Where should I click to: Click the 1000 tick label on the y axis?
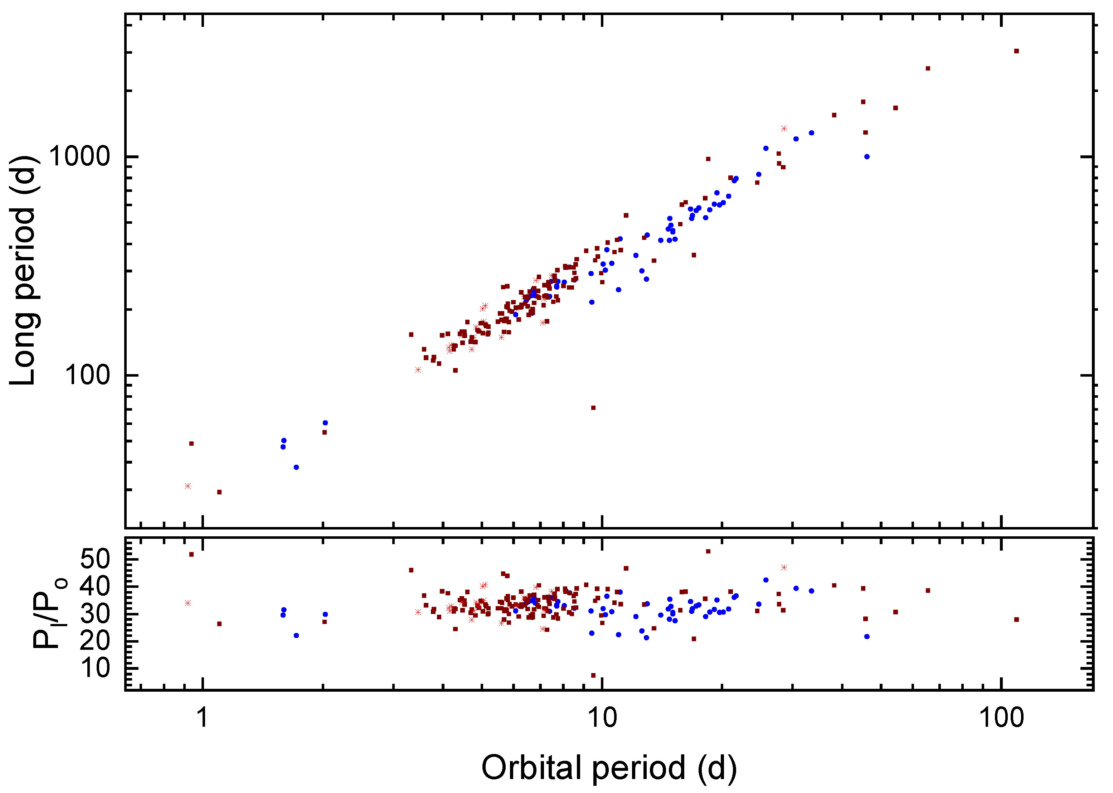79,157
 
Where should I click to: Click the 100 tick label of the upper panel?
87,376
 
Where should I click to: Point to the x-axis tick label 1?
202,717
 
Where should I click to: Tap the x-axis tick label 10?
602,717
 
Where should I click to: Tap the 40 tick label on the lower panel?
95,586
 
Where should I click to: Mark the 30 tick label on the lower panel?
95,613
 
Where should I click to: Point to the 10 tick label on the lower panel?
95,668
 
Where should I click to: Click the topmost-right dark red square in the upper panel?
1016,51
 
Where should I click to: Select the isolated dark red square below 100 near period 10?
593,408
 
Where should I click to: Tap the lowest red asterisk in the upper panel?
188,486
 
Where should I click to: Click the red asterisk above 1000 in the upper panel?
784,129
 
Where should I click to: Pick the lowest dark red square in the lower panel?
593,675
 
